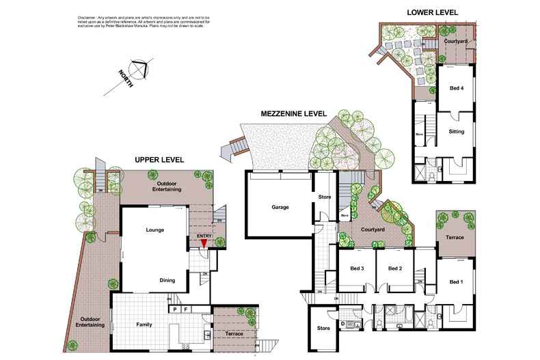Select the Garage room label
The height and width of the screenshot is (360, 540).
click(280, 208)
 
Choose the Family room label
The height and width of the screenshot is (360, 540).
click(144, 324)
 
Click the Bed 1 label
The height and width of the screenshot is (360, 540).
click(457, 282)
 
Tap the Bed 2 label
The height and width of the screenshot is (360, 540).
click(395, 268)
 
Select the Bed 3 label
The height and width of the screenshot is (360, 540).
click(356, 268)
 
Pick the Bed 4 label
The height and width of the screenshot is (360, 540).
click(456, 87)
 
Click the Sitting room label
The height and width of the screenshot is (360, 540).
click(457, 131)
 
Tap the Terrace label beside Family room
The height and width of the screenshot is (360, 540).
click(234, 334)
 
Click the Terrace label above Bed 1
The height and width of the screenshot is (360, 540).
click(455, 237)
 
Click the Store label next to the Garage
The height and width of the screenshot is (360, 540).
click(325, 198)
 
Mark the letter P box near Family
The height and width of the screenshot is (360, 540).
click(175, 309)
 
